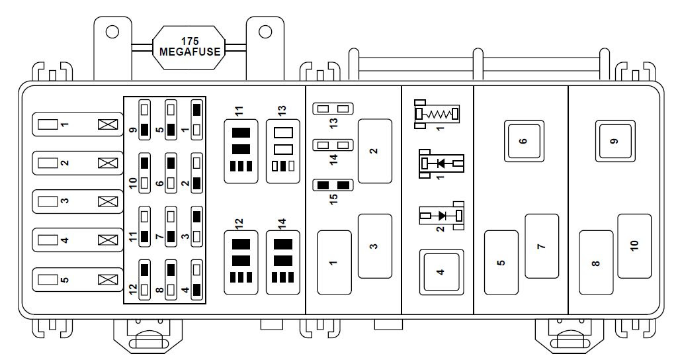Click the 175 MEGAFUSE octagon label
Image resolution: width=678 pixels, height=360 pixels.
pyautogui.click(x=189, y=46)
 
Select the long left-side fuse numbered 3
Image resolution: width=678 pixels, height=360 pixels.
pyautogui.click(x=77, y=202)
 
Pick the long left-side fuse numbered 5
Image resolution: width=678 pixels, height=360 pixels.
pyautogui.click(x=77, y=280)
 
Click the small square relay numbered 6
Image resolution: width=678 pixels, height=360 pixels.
pyautogui.click(x=524, y=140)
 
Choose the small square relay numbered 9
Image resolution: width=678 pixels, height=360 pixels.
pyautogui.click(x=615, y=140)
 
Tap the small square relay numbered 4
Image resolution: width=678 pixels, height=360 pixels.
pyautogui.click(x=440, y=271)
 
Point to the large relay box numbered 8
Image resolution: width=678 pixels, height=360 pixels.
pyautogui.click(x=596, y=262)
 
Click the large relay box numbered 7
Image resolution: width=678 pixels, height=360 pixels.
pyautogui.click(x=542, y=246)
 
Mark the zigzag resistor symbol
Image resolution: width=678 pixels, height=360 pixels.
pyautogui.click(x=437, y=114)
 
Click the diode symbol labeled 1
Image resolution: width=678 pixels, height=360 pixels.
pyautogui.click(x=441, y=163)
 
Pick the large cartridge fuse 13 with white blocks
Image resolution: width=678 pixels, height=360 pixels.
pyautogui.click(x=282, y=151)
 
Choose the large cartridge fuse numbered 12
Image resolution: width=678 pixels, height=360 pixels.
pyautogui.click(x=241, y=262)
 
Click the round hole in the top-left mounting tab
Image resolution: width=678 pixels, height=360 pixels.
pyautogui.click(x=112, y=32)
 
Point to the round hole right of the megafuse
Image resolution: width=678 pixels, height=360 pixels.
pyautogui.click(x=265, y=32)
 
